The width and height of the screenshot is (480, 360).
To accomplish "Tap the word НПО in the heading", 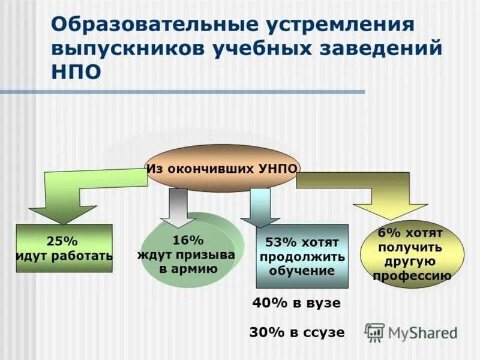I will [76, 70].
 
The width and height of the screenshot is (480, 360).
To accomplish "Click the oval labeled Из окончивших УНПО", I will [222, 169].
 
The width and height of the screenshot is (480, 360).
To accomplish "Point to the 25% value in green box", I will [62, 241].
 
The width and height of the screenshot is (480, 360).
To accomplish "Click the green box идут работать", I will [64, 248].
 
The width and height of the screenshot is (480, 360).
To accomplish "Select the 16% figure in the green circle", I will [188, 240].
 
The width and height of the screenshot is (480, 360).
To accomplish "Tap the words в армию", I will [188, 268].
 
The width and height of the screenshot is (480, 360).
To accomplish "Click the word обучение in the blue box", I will [302, 271].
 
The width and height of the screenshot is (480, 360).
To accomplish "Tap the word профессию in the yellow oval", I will [412, 276].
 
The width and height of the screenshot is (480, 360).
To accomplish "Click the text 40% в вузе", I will [296, 304].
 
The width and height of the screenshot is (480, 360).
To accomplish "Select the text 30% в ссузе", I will [297, 332].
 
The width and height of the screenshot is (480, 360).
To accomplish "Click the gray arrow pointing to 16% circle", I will [178, 207].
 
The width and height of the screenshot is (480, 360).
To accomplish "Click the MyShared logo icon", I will [375, 331].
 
